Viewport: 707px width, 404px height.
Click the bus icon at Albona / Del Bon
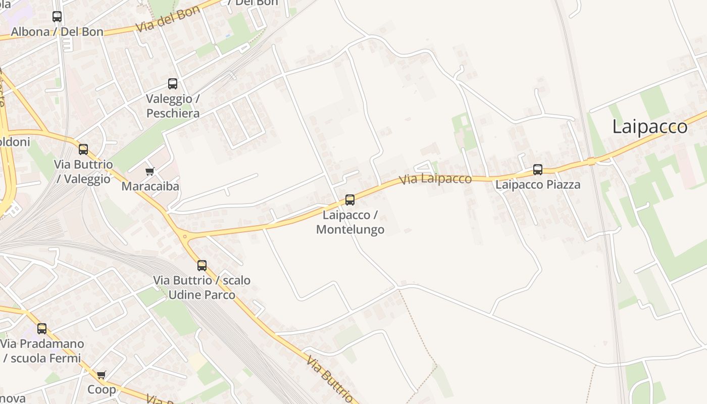point(57,17)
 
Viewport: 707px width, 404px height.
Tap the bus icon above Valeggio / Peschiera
point(173,84)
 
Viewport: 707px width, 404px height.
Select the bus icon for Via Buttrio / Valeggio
point(83,149)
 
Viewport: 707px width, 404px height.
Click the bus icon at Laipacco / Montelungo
point(350,200)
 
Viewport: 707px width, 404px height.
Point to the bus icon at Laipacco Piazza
point(538,170)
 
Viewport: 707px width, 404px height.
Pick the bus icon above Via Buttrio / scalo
point(202,266)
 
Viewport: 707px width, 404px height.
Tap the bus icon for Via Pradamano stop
point(42,329)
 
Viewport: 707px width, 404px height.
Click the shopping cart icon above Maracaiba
point(150,172)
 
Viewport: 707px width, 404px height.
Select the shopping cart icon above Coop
point(102,375)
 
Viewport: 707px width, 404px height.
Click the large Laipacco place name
point(649,127)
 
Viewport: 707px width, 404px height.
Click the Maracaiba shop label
point(150,186)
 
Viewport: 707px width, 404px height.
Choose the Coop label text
point(102,389)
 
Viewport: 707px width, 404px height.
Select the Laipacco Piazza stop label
point(538,185)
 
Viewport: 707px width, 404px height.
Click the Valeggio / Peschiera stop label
point(173,106)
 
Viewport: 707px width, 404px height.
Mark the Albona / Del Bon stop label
point(57,32)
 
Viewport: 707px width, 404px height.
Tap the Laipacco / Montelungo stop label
point(350,222)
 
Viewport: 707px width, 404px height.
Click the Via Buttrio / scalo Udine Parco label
point(202,287)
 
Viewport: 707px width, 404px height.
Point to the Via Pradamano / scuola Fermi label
point(42,351)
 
